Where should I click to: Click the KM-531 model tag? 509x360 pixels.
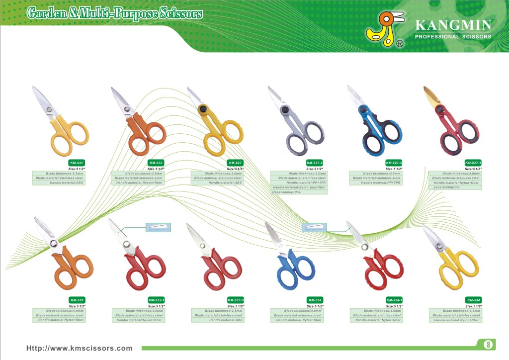pos(77,163)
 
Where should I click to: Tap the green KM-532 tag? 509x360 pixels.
pos(156,163)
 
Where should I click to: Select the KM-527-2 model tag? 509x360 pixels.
pos(315,163)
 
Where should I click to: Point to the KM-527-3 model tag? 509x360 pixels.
pos(394,163)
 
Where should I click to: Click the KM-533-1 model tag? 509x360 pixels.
pos(156,300)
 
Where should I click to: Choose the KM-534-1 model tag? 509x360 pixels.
pos(394,300)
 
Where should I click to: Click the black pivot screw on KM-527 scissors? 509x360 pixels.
pos(202,108)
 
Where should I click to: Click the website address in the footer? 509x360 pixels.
pos(80,348)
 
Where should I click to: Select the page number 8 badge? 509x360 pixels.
pos(488,344)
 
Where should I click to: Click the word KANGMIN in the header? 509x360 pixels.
pos(453,25)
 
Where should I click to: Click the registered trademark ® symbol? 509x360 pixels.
pos(399,44)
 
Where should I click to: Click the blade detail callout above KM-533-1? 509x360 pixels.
pos(158,227)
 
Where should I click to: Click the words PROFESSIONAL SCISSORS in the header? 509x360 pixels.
pos(453,37)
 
